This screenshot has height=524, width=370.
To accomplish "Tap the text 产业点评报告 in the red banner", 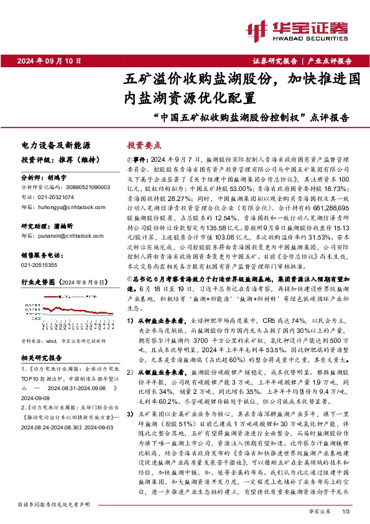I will (x=330, y=61).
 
